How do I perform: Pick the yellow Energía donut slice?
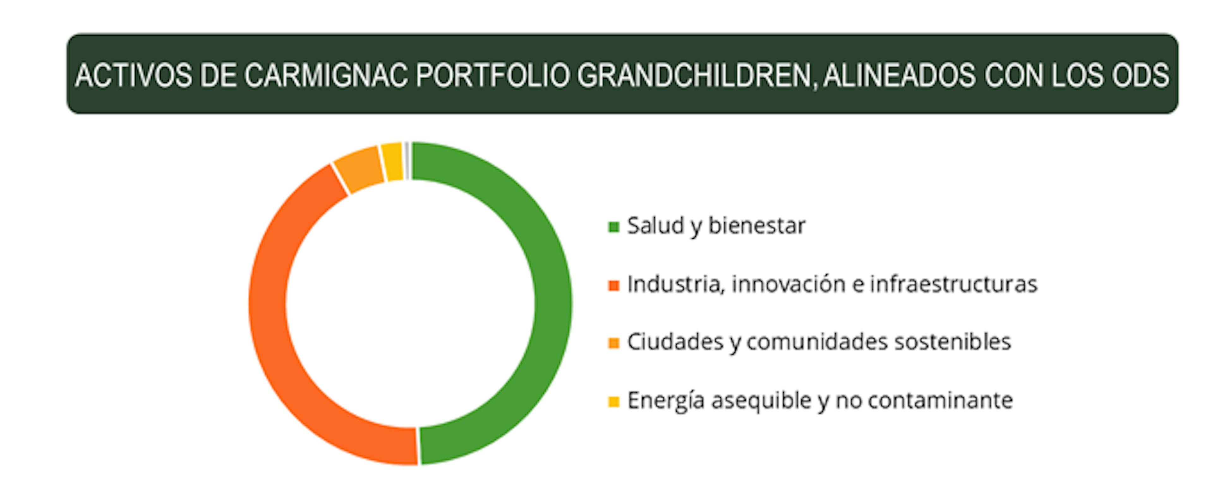[393, 161]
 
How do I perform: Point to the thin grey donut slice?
[407, 160]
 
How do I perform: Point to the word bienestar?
[757, 226]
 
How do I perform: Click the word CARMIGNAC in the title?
[326, 75]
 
